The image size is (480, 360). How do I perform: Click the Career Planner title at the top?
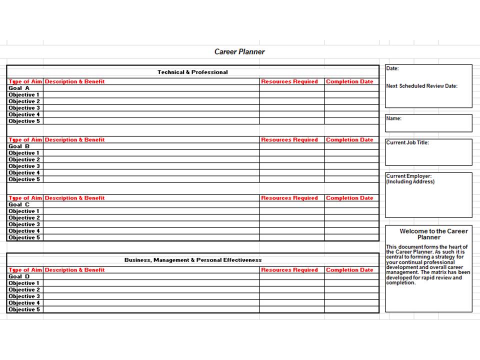click(239, 51)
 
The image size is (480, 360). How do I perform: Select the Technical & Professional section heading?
click(192, 72)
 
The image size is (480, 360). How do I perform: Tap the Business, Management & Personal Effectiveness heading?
click(192, 260)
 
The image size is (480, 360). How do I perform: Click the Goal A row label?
click(19, 88)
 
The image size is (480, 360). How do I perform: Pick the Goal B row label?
click(19, 146)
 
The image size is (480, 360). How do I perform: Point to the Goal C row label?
click(19, 204)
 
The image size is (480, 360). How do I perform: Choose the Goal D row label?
click(19, 276)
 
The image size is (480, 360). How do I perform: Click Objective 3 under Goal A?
click(24, 108)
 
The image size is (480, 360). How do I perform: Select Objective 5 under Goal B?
click(24, 179)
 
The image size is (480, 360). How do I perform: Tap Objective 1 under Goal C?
click(24, 211)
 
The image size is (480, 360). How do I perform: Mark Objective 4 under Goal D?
click(24, 303)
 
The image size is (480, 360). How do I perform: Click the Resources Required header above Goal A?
click(289, 81)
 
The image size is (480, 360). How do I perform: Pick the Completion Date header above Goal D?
click(349, 270)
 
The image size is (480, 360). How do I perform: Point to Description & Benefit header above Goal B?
click(75, 140)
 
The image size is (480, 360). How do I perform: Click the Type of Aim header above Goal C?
click(25, 198)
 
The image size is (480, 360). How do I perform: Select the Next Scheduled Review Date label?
click(421, 86)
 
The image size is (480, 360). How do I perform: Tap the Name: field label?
click(394, 119)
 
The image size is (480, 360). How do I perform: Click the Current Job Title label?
click(407, 142)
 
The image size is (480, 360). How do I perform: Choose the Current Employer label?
click(409, 176)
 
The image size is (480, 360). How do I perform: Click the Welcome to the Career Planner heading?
click(433, 234)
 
